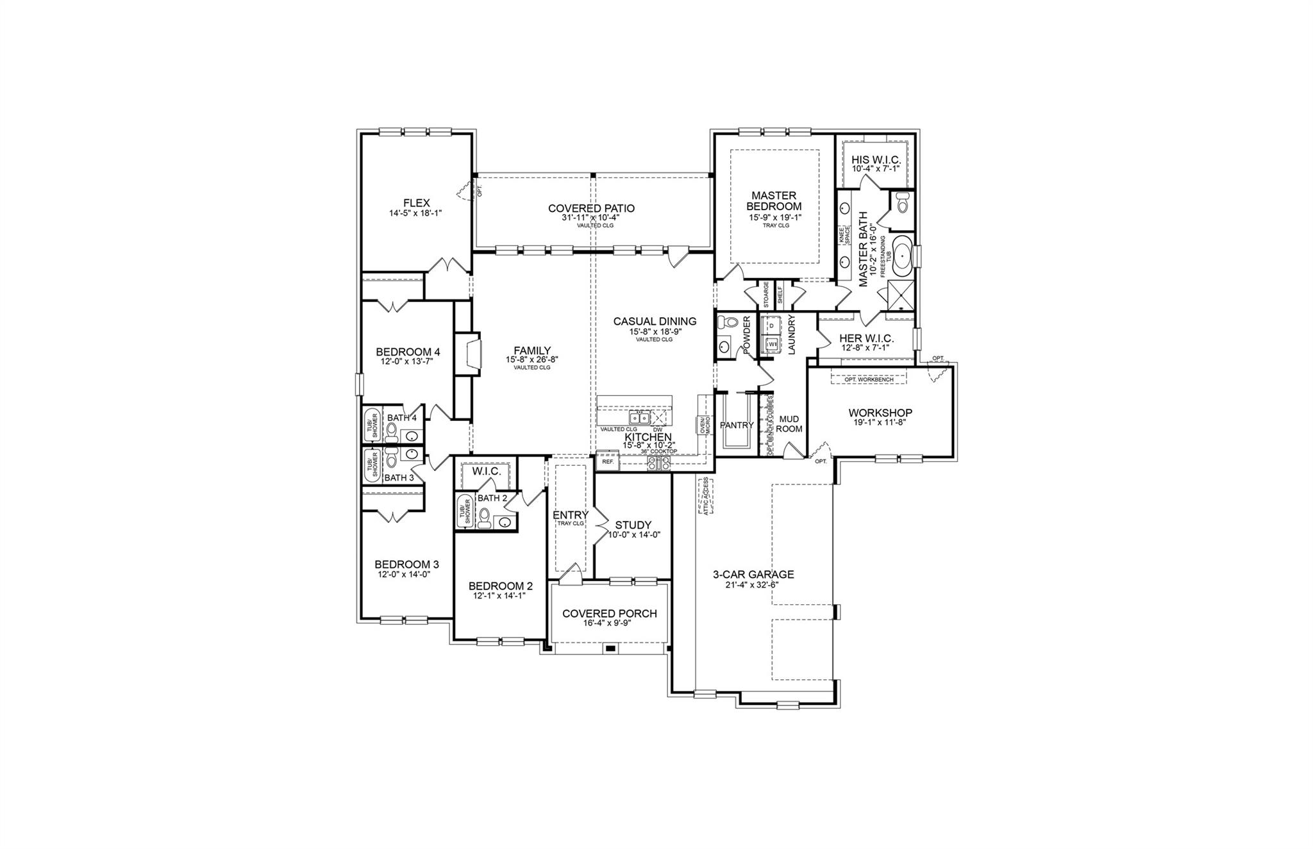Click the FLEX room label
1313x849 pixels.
click(x=417, y=203)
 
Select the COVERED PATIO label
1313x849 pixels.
click(x=591, y=208)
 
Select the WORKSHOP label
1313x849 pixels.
click(x=880, y=413)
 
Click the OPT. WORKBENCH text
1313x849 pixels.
click(x=869, y=380)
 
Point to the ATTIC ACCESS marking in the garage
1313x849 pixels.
click(x=706, y=496)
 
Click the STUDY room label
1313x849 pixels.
click(x=633, y=525)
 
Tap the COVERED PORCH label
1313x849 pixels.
click(x=609, y=613)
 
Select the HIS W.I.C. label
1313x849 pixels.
click(x=876, y=160)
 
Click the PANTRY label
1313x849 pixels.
click(x=737, y=425)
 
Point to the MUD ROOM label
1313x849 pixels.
click(x=789, y=424)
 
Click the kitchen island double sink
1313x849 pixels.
click(x=639, y=418)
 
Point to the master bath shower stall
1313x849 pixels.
click(x=901, y=295)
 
